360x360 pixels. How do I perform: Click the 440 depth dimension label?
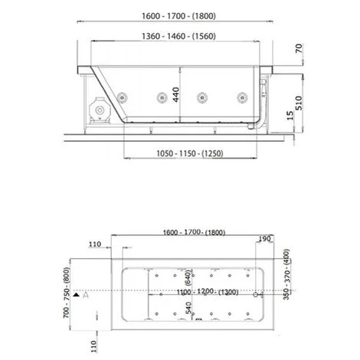pos(176,94)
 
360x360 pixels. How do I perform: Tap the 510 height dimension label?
pos(299,103)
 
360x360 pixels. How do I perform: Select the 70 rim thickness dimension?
pos(299,48)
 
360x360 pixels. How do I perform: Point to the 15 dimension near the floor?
pos(290,116)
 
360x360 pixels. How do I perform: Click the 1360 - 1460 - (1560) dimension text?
pos(178,36)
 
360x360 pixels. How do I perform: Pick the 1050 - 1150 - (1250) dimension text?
pos(190,154)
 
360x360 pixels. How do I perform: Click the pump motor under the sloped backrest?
pos(100,110)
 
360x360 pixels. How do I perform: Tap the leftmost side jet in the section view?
pos(122,97)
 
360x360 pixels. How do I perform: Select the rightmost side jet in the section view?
pos(242,97)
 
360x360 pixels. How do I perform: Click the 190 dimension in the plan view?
pos(264,239)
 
